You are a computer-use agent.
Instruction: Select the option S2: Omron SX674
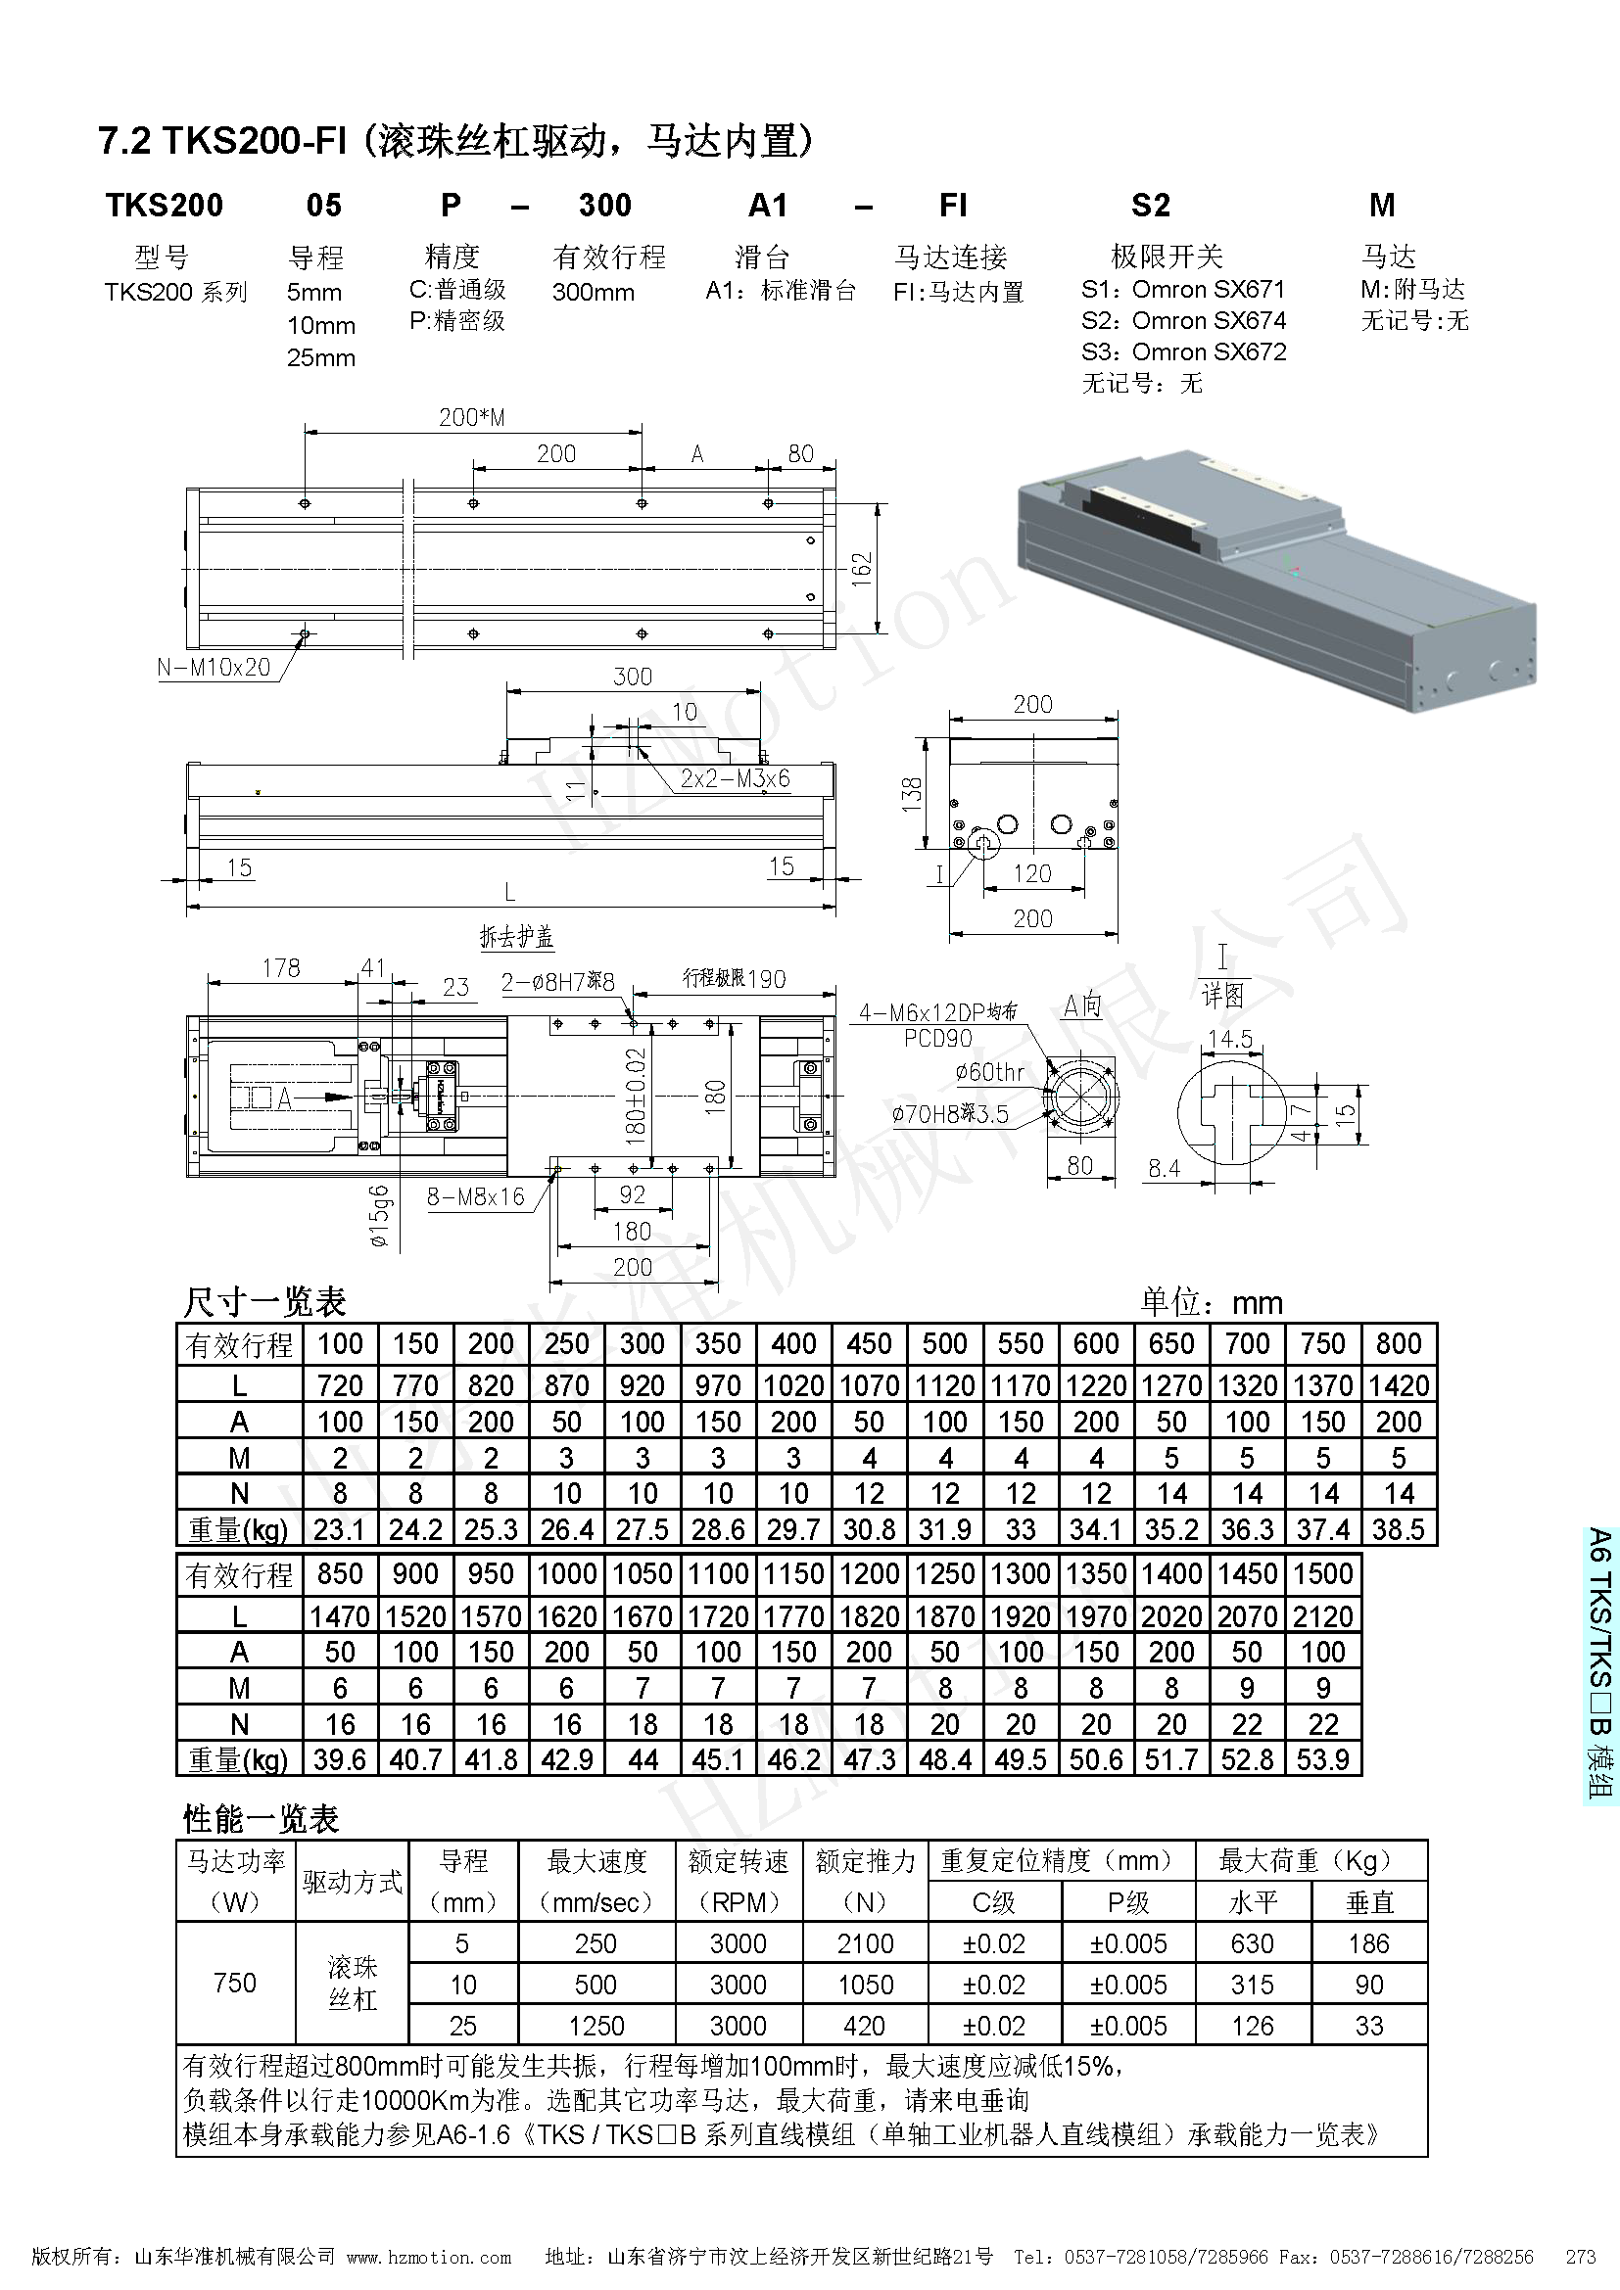coord(1183,320)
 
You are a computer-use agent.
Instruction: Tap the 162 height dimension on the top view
coord(862,569)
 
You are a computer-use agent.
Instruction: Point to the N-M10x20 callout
coord(214,668)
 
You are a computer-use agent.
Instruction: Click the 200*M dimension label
coord(472,417)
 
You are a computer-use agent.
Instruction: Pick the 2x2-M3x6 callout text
coord(735,778)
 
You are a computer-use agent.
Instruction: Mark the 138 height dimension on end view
coord(912,794)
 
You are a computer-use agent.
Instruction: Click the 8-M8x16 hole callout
coord(476,1196)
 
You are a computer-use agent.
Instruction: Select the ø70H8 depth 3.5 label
coord(951,1114)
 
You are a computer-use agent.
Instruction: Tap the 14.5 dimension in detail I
coord(1230,1040)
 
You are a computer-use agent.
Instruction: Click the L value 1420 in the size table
coord(1398,1385)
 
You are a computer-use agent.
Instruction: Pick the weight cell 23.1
coord(339,1529)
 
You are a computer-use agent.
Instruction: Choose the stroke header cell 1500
coord(1322,1574)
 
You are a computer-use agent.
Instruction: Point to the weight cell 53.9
coord(1322,1759)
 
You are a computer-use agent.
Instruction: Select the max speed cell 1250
coord(596,2026)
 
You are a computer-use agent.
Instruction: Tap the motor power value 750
coord(235,1984)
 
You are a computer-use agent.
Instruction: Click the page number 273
coord(1581,2257)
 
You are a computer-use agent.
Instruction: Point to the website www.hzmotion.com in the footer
coord(429,2257)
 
